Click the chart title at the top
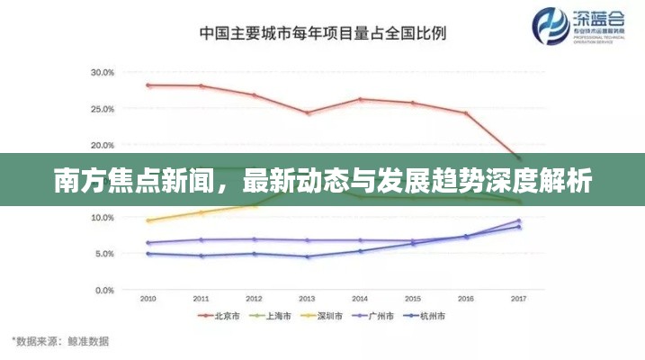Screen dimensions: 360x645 pyautogui.click(x=322, y=33)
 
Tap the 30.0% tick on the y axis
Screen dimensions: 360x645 pyautogui.click(x=102, y=72)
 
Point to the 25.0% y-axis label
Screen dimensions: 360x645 pyautogui.click(x=102, y=109)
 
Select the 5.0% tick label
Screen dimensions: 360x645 pyautogui.click(x=103, y=254)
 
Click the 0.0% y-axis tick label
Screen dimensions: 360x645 pyautogui.click(x=103, y=291)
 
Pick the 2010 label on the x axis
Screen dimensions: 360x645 pyautogui.click(x=148, y=298)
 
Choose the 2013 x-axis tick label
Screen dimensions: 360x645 pyautogui.click(x=307, y=298)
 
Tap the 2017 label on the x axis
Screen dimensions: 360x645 pyautogui.click(x=518, y=298)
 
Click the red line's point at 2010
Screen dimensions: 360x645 pyautogui.click(x=148, y=85)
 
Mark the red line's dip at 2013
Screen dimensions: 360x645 pyautogui.click(x=307, y=113)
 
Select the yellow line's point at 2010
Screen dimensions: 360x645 pyautogui.click(x=148, y=220)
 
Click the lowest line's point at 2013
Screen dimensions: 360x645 pyautogui.click(x=307, y=257)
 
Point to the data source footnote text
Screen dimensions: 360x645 pyautogui.click(x=60, y=341)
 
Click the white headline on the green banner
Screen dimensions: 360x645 pyautogui.click(x=322, y=181)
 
